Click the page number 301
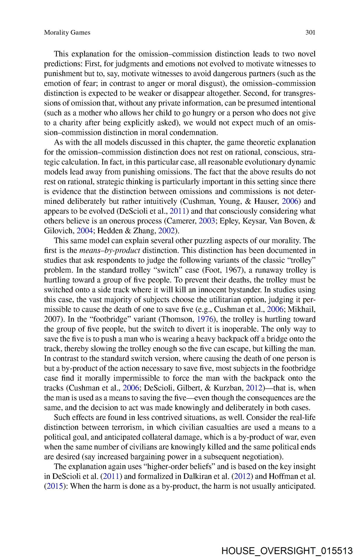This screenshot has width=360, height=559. point(310,32)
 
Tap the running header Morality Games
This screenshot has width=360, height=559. point(67,32)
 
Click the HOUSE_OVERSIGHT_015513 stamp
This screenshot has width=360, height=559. point(287,551)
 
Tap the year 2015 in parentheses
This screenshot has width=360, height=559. point(54,486)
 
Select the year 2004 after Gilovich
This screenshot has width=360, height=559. point(84,231)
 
